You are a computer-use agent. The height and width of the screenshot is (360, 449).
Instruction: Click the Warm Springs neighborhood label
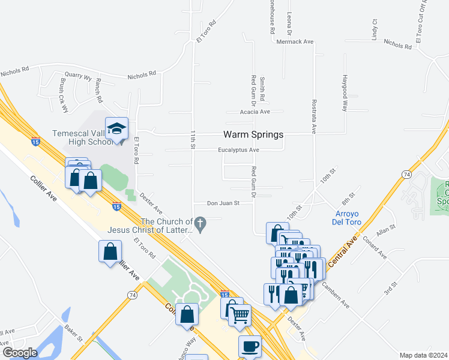(x=253, y=135)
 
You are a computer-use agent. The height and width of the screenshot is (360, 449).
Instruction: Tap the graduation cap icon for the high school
(x=116, y=128)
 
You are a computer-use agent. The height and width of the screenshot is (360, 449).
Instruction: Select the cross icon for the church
(x=201, y=226)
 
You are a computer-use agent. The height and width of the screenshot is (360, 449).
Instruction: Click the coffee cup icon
(x=250, y=346)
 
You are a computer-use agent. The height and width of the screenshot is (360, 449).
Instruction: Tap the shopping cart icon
(x=240, y=314)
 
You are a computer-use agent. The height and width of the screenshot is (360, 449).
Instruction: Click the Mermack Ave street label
(x=295, y=42)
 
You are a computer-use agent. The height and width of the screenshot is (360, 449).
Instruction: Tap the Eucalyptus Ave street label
(x=238, y=150)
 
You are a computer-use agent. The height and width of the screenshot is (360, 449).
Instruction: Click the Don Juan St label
(x=224, y=203)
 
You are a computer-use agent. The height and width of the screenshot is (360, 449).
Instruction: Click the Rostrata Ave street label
(x=313, y=116)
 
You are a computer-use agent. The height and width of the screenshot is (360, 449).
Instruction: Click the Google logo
(x=20, y=352)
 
